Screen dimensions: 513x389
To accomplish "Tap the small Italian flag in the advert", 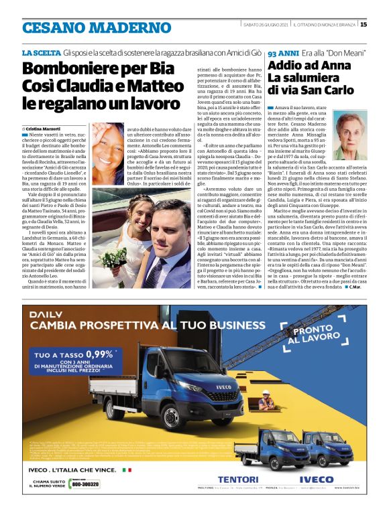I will [x=126, y=470].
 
